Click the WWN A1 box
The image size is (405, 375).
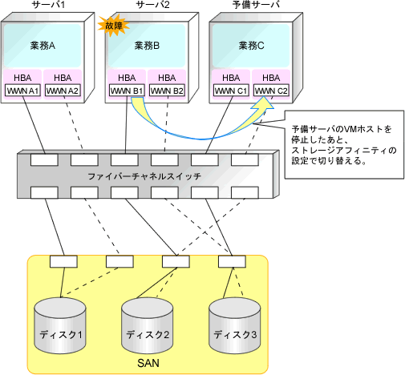[x=22, y=91]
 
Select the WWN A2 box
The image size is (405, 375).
[x=63, y=91]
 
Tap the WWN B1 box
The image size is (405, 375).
[x=127, y=91]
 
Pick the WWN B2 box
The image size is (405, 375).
[x=167, y=91]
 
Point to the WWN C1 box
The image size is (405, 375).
[x=231, y=91]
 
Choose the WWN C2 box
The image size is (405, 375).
[x=271, y=91]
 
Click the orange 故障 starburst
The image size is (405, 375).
[x=114, y=26]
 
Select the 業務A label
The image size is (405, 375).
[x=43, y=46]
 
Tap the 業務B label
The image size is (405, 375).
[x=147, y=46]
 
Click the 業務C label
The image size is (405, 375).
[x=251, y=46]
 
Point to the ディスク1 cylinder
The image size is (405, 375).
[x=60, y=325]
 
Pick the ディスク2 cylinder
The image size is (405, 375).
[x=148, y=325]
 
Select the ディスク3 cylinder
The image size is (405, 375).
[x=235, y=325]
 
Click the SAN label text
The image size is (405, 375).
[x=148, y=363]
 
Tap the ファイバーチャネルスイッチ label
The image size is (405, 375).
[x=144, y=176]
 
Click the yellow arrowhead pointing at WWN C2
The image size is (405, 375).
[x=263, y=103]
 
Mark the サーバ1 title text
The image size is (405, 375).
[x=48, y=5]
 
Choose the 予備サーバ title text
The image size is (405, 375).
[x=256, y=5]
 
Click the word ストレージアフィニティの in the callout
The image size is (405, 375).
[x=344, y=151]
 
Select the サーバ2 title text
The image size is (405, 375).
[x=152, y=5]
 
